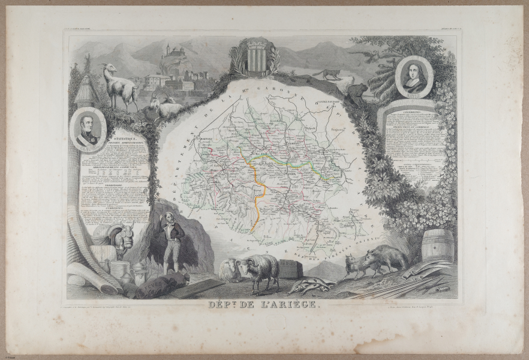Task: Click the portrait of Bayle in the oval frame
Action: tap(414, 76)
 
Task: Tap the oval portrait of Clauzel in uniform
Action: tap(88, 131)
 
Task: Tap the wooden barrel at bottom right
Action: tap(437, 245)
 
